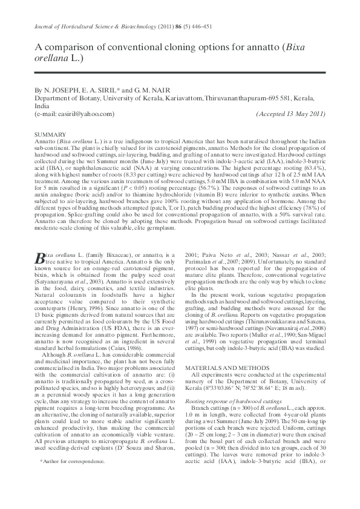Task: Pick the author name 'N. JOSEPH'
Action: point(58,89)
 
